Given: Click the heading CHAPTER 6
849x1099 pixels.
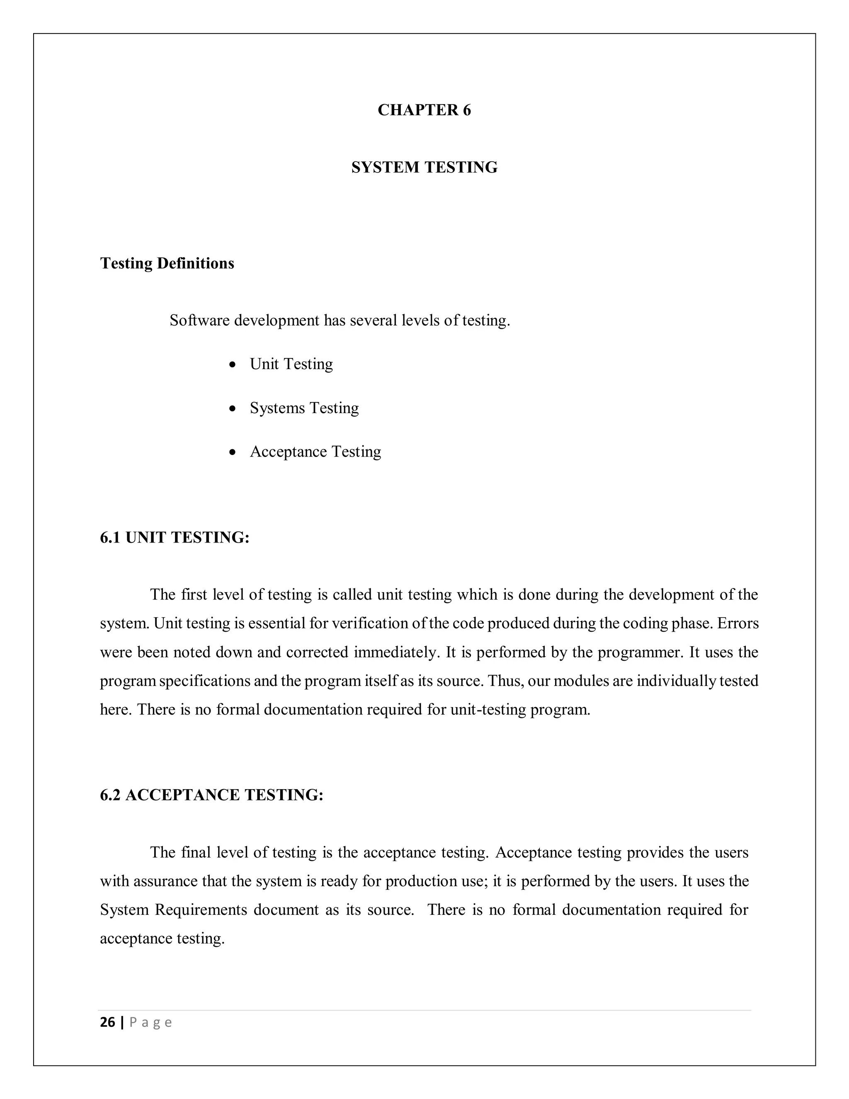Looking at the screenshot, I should point(424,110).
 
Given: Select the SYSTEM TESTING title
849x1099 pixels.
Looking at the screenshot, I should point(424,168).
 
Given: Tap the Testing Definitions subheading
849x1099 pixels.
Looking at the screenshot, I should point(167,263).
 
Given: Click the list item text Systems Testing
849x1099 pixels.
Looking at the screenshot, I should point(304,408).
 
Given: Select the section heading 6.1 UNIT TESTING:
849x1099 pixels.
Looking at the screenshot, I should point(175,537).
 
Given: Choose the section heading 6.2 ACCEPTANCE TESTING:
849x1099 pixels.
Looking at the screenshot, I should point(211,795).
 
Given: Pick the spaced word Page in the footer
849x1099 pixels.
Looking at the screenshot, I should point(151,1023).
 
